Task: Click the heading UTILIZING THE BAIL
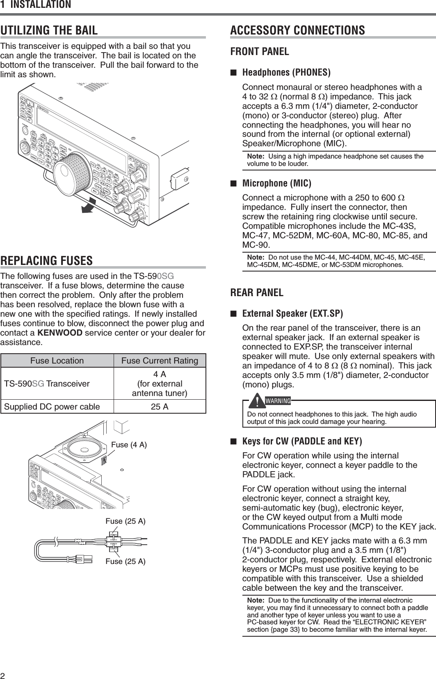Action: tap(49, 30)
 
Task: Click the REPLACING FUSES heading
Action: tap(46, 261)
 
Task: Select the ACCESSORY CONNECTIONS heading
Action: tap(297, 30)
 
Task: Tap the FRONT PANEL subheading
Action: tap(260, 52)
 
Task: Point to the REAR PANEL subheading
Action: tap(257, 293)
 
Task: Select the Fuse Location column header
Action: tap(57, 361)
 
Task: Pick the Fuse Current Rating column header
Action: tap(160, 361)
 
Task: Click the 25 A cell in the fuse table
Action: tap(160, 407)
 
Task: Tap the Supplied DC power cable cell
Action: tap(52, 407)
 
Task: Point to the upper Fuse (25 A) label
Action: tap(126, 521)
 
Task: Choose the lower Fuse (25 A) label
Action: tap(126, 561)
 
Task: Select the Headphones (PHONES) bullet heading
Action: tap(287, 73)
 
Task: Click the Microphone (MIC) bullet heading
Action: tap(277, 183)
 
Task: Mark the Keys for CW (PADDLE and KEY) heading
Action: tap(302, 442)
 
